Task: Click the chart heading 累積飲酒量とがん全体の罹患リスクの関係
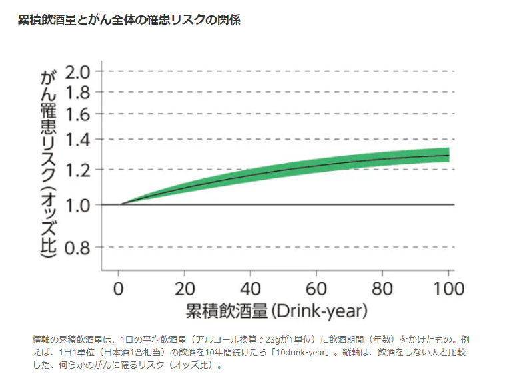[129, 19]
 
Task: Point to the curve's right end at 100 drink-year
[448, 156]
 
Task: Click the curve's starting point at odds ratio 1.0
[120, 204]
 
